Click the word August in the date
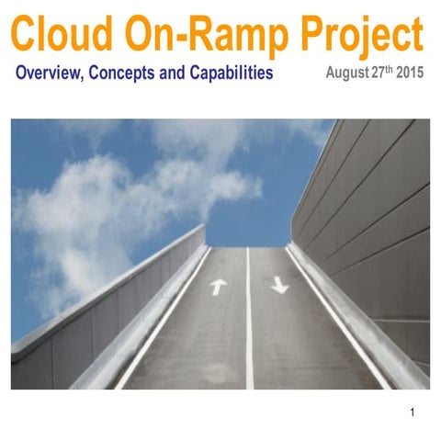coord(350,72)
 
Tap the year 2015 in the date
coord(410,72)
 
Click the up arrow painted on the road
coord(218,286)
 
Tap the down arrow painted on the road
coord(279,286)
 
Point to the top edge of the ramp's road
coord(249,246)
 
